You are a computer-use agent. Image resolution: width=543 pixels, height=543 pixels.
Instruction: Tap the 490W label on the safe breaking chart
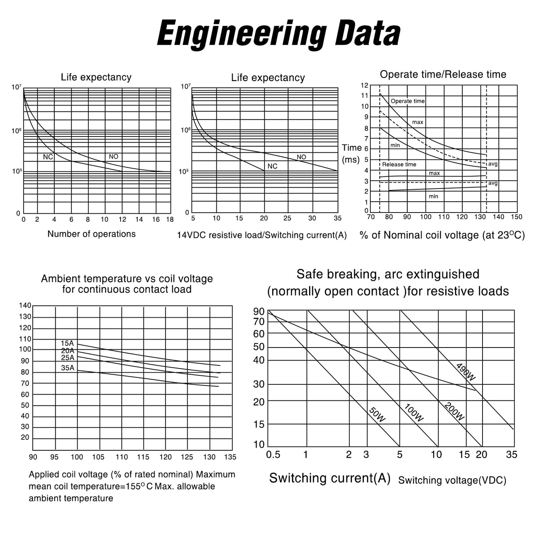[x=466, y=372]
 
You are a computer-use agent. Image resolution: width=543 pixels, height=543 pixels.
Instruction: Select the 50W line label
[x=377, y=415]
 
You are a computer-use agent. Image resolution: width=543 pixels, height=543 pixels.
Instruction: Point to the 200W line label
[x=454, y=412]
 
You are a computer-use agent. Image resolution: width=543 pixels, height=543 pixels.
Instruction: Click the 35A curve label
[x=67, y=368]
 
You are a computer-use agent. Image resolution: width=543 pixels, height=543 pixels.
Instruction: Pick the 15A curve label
[x=67, y=343]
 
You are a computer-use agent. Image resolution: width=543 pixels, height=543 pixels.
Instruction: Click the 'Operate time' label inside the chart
[x=408, y=101]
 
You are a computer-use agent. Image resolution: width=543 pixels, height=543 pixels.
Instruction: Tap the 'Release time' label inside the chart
[x=399, y=164]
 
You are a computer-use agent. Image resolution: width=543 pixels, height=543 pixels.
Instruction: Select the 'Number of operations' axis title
[x=92, y=234]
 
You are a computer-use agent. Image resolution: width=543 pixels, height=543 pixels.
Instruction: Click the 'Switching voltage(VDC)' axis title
[x=452, y=480]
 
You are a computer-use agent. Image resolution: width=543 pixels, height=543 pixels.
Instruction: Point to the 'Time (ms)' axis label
[x=351, y=154]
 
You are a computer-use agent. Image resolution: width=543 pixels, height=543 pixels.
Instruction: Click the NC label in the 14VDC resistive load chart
[x=272, y=166]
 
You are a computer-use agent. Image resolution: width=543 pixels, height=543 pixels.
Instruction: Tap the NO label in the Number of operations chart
[x=114, y=157]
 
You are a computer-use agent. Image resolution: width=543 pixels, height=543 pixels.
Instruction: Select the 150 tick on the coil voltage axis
[x=517, y=217]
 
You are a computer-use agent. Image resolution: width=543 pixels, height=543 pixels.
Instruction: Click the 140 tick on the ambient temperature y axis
[x=25, y=306]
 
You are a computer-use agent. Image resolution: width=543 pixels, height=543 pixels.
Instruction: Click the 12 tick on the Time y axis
[x=364, y=85]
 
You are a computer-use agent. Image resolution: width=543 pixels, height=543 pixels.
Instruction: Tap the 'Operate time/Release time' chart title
[x=443, y=74]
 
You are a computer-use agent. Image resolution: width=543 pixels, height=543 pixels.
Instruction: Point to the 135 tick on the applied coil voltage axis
[x=230, y=457]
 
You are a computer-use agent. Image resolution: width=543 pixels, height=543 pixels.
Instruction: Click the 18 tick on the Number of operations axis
[x=169, y=219]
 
